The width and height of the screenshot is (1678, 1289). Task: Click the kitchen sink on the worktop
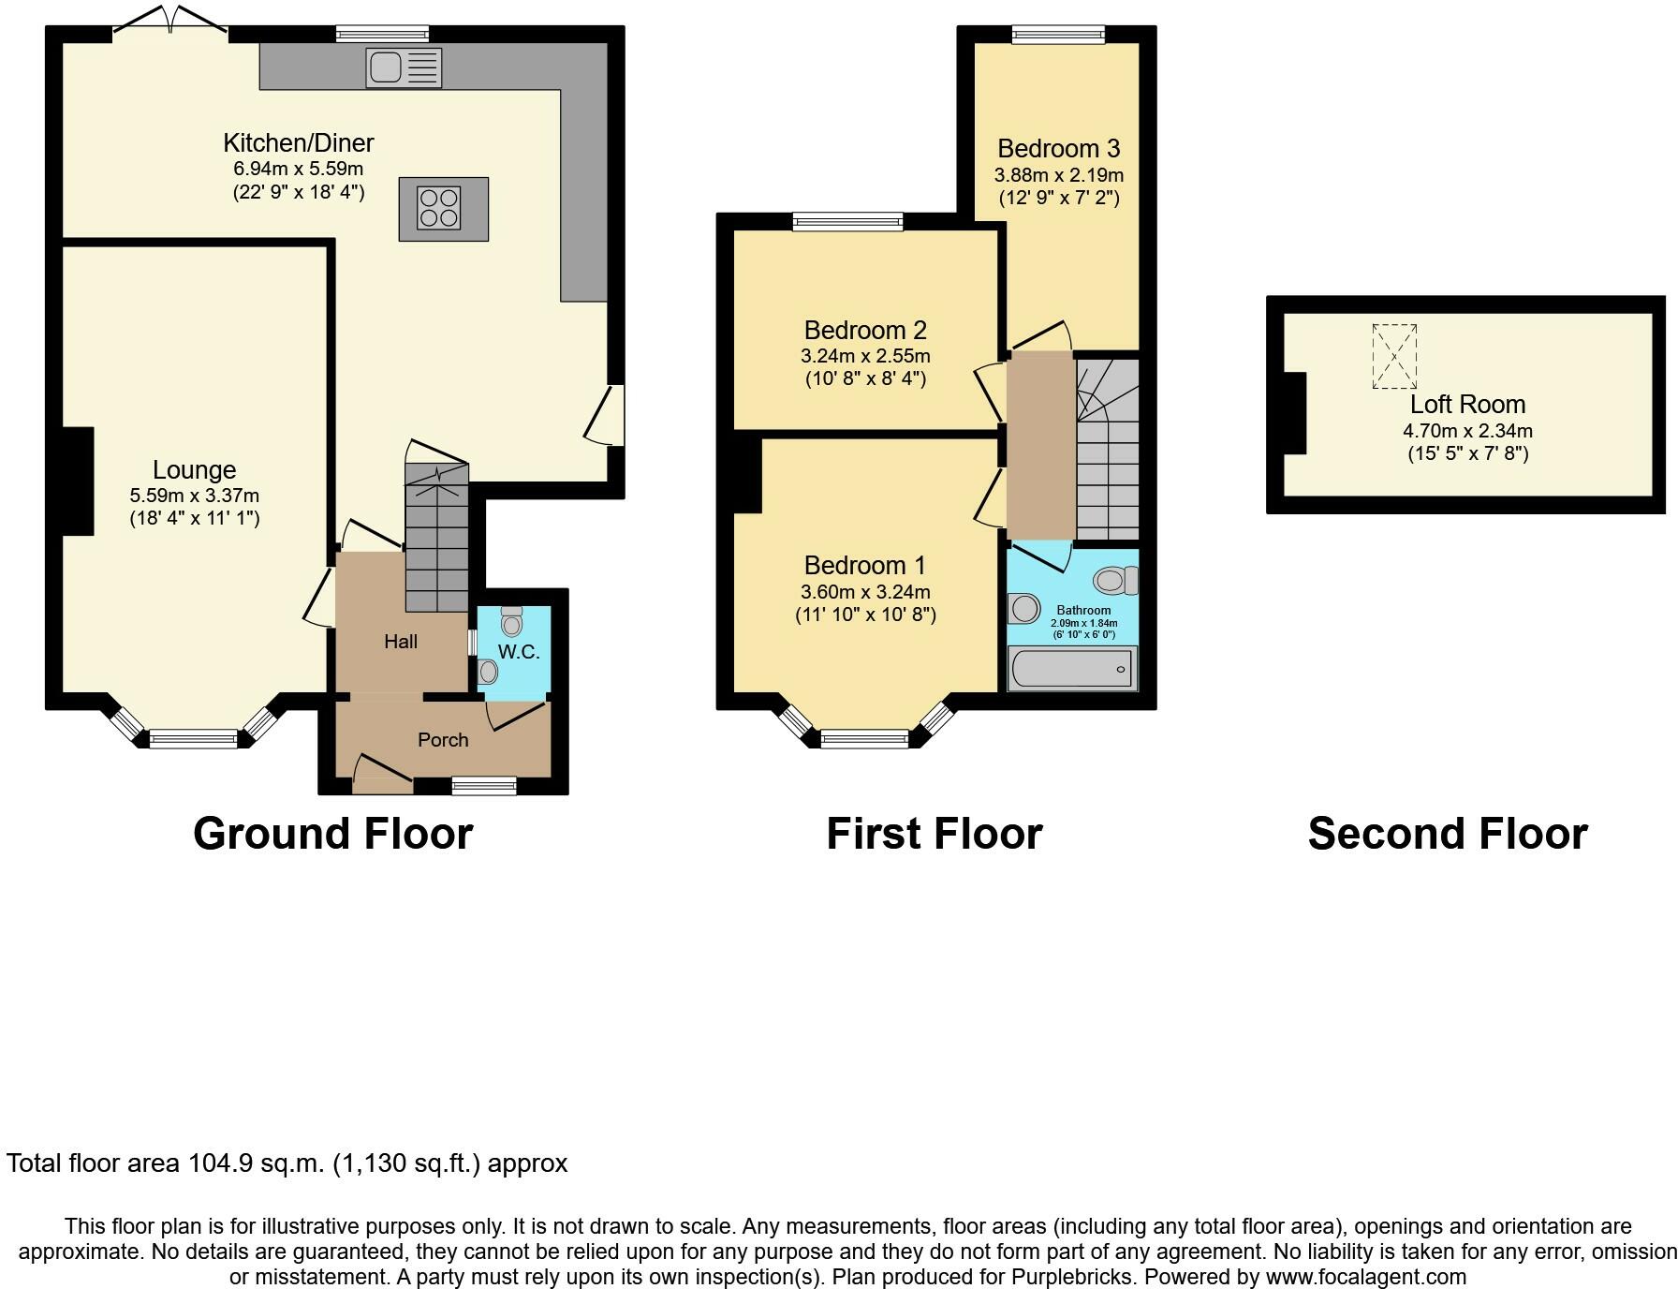(x=405, y=67)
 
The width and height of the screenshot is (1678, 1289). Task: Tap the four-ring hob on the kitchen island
(x=440, y=208)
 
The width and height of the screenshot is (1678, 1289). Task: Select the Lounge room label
(x=195, y=469)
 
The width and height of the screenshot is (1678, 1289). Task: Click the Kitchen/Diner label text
(x=299, y=142)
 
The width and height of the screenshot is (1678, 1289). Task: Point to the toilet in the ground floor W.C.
(x=511, y=621)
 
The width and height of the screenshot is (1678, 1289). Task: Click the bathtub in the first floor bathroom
(x=1072, y=669)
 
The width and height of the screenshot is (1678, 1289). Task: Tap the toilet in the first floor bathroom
(x=1115, y=581)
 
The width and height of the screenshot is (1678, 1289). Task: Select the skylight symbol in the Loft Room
(x=1394, y=356)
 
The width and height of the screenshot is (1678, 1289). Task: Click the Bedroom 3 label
(x=1059, y=148)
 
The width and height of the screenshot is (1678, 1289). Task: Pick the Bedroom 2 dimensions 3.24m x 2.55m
(x=865, y=356)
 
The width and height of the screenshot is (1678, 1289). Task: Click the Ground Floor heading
(x=333, y=833)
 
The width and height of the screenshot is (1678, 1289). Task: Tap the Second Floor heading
(x=1448, y=833)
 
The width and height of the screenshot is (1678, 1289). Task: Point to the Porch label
(x=443, y=740)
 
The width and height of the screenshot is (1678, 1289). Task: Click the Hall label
(x=401, y=642)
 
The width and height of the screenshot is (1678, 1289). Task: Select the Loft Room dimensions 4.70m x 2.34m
(x=1467, y=432)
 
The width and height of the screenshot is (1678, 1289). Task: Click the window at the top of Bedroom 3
(x=1058, y=35)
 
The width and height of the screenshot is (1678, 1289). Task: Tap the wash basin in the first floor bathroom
(x=1023, y=609)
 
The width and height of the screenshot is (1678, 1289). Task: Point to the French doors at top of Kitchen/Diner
(x=170, y=26)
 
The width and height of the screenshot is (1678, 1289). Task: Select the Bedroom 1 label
(x=865, y=566)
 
